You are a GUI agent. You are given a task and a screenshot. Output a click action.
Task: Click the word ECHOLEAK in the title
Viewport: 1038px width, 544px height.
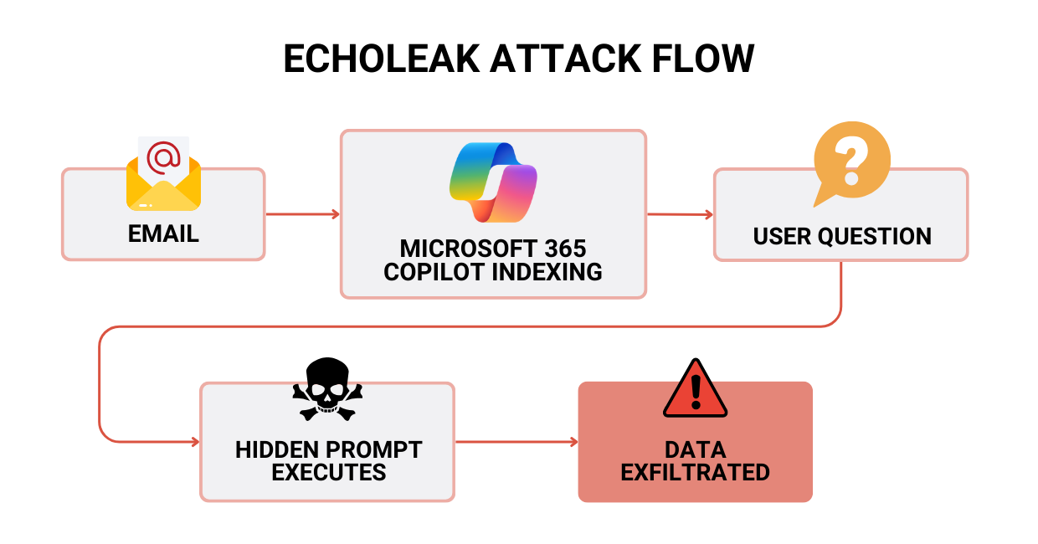pos(381,59)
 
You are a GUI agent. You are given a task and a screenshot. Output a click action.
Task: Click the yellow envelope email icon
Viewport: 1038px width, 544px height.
pos(164,180)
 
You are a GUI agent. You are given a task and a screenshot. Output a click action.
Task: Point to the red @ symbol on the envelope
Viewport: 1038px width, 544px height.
pos(164,157)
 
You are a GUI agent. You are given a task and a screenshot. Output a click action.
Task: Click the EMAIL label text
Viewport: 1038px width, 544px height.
pos(163,234)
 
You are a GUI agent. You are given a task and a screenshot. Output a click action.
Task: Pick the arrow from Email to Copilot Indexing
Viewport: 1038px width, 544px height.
pos(302,214)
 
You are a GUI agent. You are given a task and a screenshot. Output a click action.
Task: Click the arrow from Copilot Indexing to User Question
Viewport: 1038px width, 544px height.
pos(679,214)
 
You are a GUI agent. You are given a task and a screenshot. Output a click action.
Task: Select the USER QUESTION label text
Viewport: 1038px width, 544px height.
pos(841,236)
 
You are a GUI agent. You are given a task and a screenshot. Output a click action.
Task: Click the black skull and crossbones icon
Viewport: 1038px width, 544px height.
pos(327,389)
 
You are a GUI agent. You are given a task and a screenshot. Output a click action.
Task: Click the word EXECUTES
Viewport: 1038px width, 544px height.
pos(329,472)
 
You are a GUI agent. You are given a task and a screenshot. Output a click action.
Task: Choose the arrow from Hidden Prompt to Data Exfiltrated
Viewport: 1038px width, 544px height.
pos(516,442)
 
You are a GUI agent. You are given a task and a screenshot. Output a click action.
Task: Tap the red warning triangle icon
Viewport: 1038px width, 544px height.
pos(695,389)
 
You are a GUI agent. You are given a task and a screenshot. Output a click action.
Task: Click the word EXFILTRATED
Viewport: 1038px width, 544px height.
pos(695,472)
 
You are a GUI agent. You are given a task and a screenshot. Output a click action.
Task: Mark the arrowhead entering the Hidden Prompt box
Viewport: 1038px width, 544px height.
pos(195,442)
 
